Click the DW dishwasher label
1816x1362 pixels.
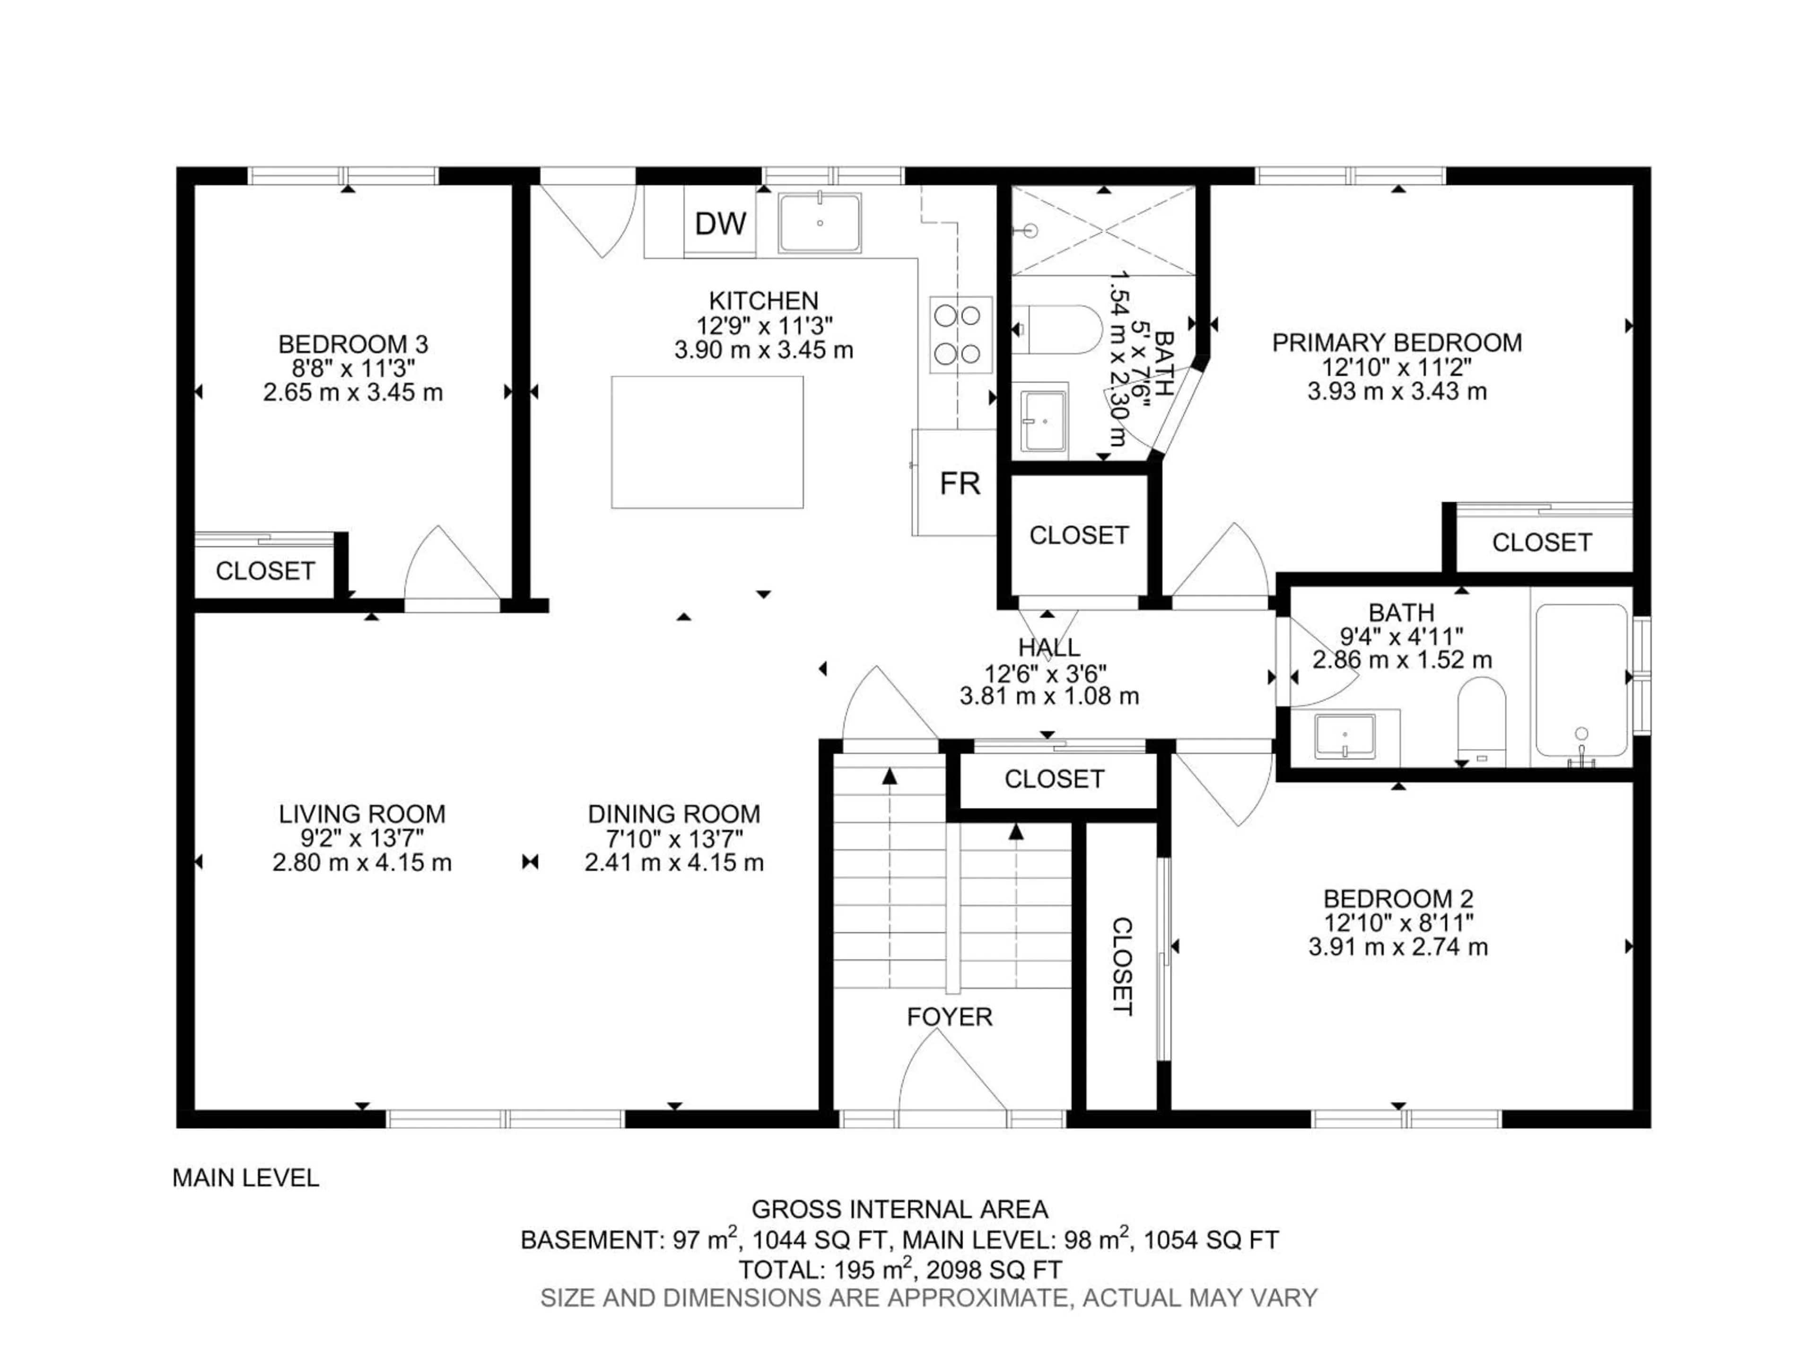pos(720,223)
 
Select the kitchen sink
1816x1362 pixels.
pos(820,222)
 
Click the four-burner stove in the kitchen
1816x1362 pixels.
pos(959,334)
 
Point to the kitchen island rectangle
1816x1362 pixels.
pos(707,442)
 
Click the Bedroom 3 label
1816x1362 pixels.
pos(353,343)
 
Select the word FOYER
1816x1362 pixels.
pos(949,1017)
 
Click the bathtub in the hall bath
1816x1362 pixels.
pos(1580,681)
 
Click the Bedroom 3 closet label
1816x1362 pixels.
pos(264,571)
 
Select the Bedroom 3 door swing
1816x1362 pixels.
pos(447,567)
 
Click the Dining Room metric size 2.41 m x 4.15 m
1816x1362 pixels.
pos(674,863)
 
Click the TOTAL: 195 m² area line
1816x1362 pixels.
pos(900,1270)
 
